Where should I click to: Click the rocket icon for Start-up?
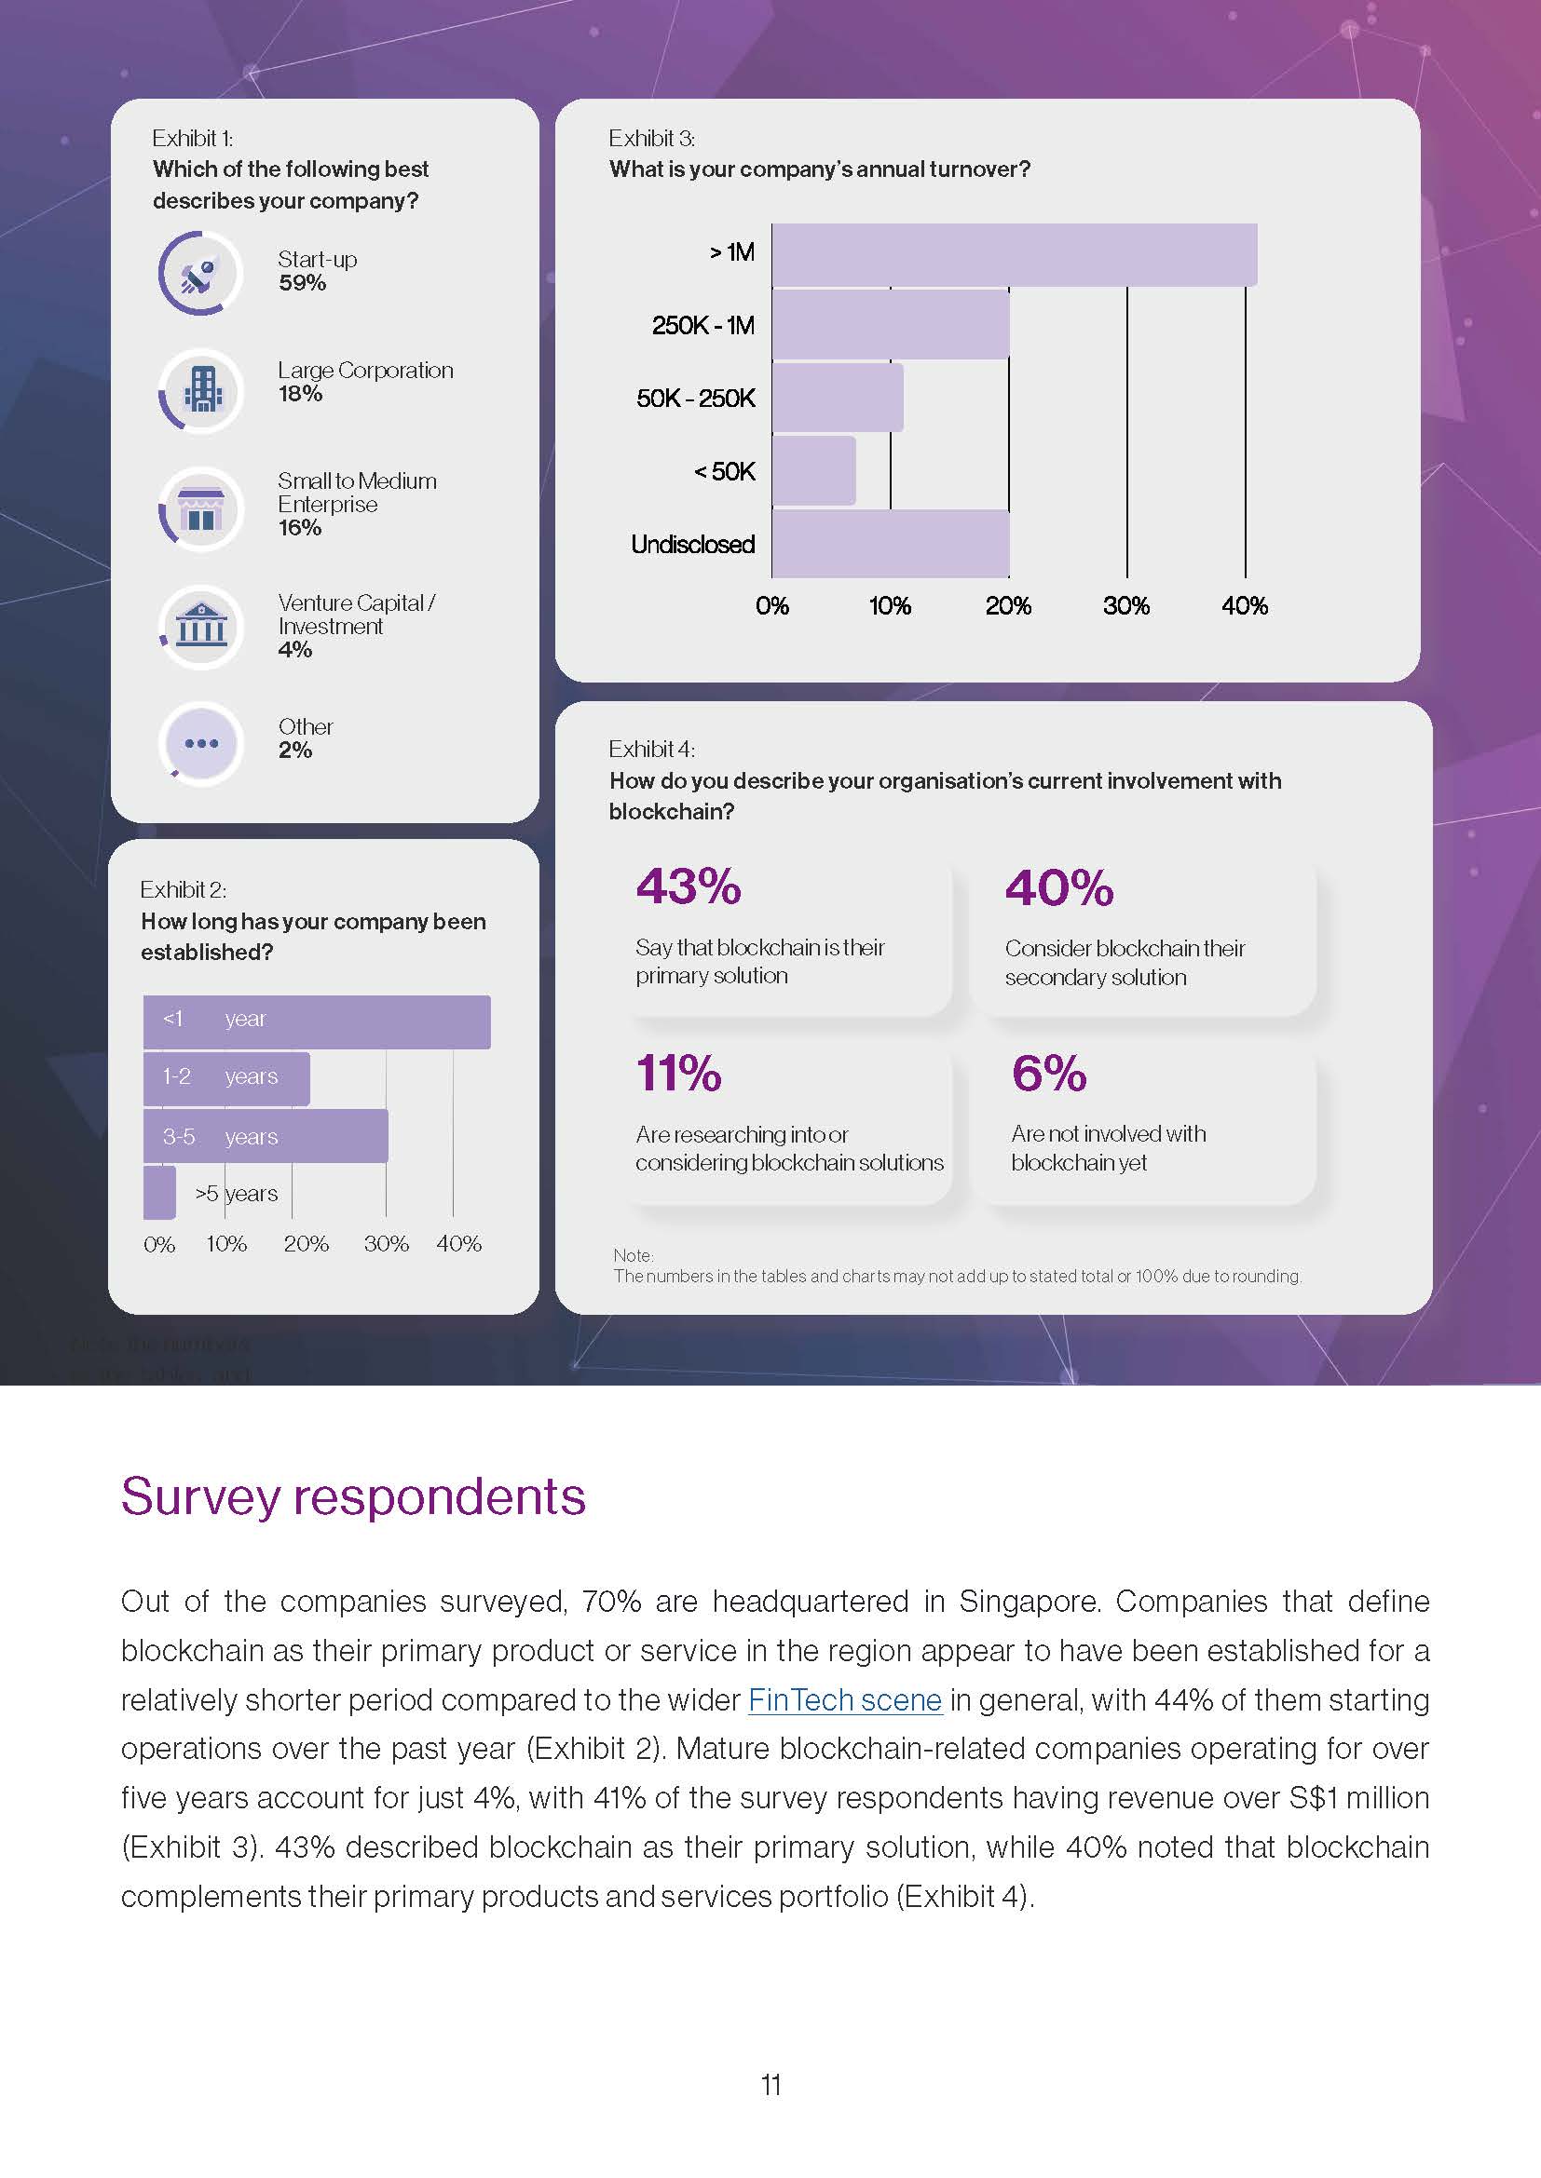(x=200, y=274)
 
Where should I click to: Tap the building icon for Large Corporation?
(x=201, y=389)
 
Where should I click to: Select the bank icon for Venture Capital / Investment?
(x=201, y=625)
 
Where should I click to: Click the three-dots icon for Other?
(x=201, y=743)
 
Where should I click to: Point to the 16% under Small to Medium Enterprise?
(x=300, y=528)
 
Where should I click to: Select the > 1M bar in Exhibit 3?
(x=1014, y=254)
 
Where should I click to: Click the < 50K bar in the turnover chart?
(x=813, y=470)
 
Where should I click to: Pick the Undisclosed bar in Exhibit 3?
(x=890, y=544)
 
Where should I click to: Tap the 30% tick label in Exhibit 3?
(x=1126, y=606)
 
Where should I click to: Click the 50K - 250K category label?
(x=696, y=399)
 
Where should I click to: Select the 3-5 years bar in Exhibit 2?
(x=266, y=1135)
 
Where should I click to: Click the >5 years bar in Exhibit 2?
(x=159, y=1193)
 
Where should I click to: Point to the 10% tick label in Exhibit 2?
(x=226, y=1244)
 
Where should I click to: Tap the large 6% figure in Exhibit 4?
(x=1048, y=1073)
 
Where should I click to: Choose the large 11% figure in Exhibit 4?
(x=678, y=1073)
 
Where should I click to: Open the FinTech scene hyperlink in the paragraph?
(x=844, y=1700)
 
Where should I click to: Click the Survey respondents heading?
(x=353, y=1497)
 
